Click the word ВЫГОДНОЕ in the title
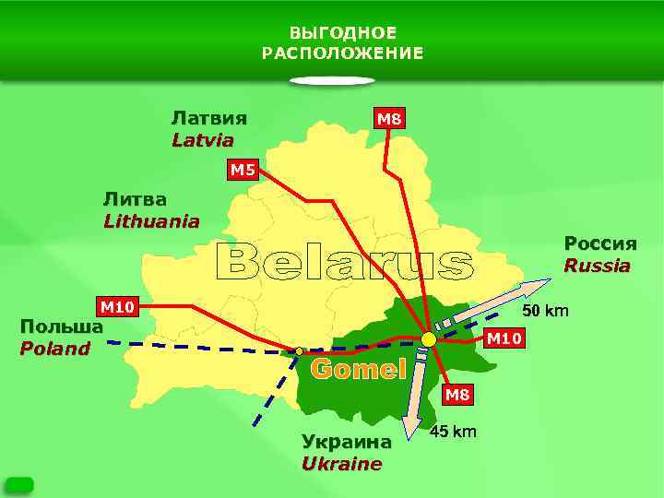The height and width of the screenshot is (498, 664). [x=342, y=33]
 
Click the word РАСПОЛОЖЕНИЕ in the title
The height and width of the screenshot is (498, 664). [x=342, y=53]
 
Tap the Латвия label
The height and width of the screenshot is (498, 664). [x=208, y=118]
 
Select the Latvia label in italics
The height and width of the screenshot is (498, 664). [x=202, y=140]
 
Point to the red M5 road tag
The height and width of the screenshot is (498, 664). [x=243, y=169]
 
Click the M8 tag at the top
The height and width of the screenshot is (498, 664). [x=388, y=118]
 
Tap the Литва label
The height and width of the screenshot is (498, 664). [x=135, y=199]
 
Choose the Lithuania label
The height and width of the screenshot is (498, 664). [x=151, y=221]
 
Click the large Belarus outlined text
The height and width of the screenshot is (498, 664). [x=344, y=264]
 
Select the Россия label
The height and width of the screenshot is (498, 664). [x=600, y=243]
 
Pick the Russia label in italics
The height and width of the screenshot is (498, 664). [x=598, y=266]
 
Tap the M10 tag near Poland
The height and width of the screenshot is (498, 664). [x=118, y=306]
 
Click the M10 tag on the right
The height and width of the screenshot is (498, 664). [x=504, y=338]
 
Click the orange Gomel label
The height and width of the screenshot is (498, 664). [x=359, y=370]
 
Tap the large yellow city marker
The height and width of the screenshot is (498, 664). [x=429, y=339]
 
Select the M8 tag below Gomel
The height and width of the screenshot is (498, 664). [x=457, y=396]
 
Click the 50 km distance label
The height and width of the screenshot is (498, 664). [x=546, y=310]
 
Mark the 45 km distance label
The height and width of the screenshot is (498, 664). [x=454, y=432]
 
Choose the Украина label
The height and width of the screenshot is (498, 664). [x=347, y=442]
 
